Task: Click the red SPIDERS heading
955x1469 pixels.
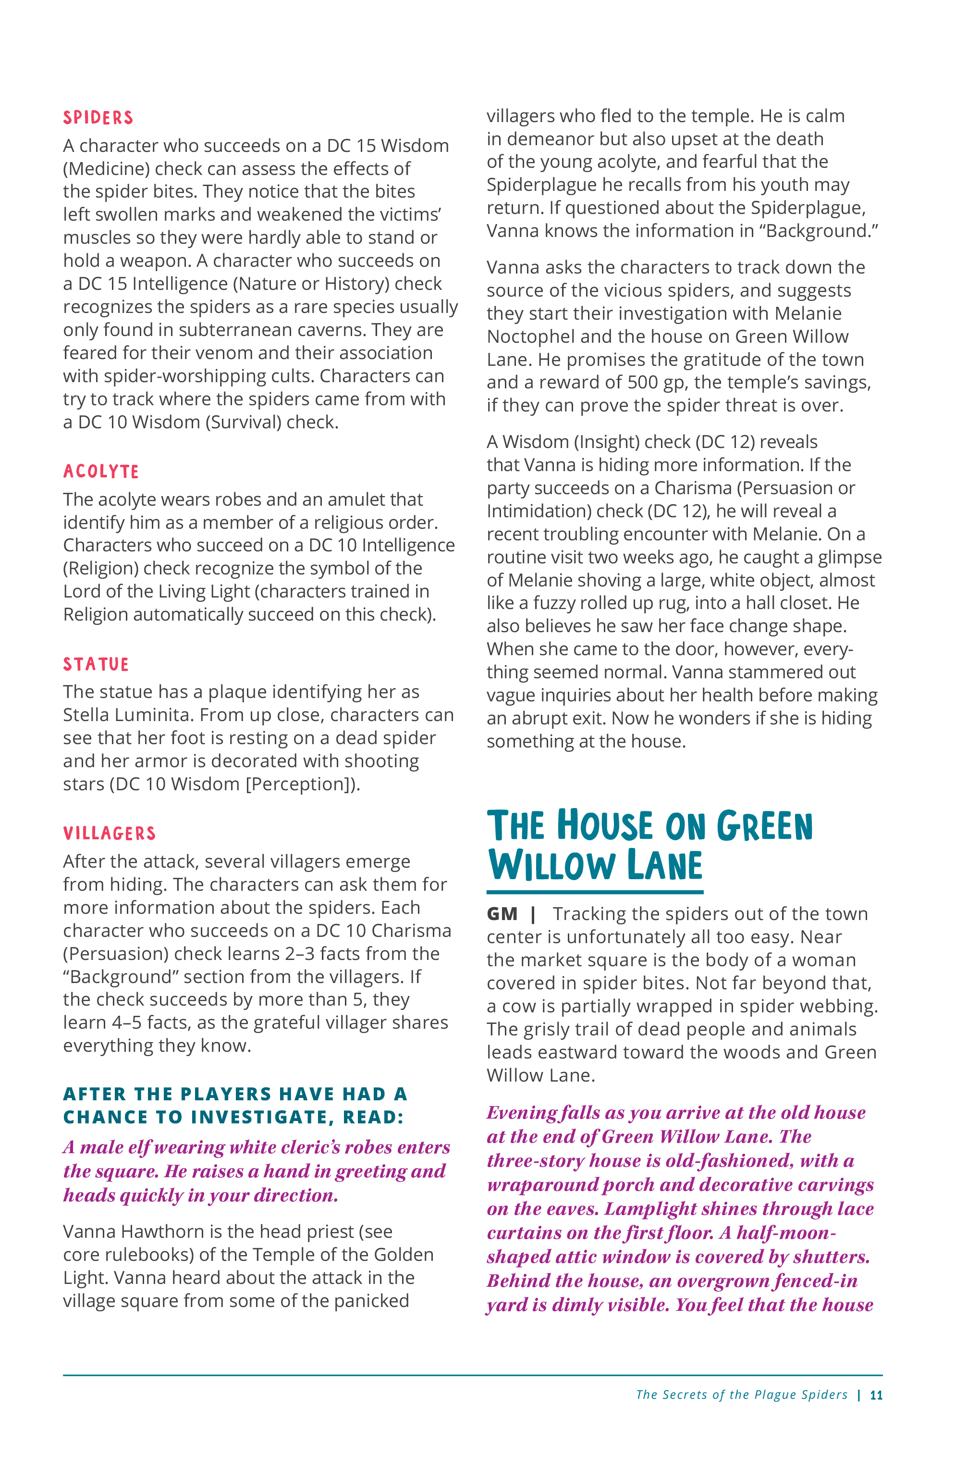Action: [98, 118]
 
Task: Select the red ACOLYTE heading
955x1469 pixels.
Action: [101, 472]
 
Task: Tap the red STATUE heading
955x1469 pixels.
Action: [96, 664]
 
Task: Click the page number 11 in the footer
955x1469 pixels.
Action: [876, 1395]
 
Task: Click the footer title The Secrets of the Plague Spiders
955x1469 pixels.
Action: [742, 1395]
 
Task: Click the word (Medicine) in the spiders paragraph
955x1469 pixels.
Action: [106, 169]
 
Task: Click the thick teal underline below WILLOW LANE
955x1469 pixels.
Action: [595, 892]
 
